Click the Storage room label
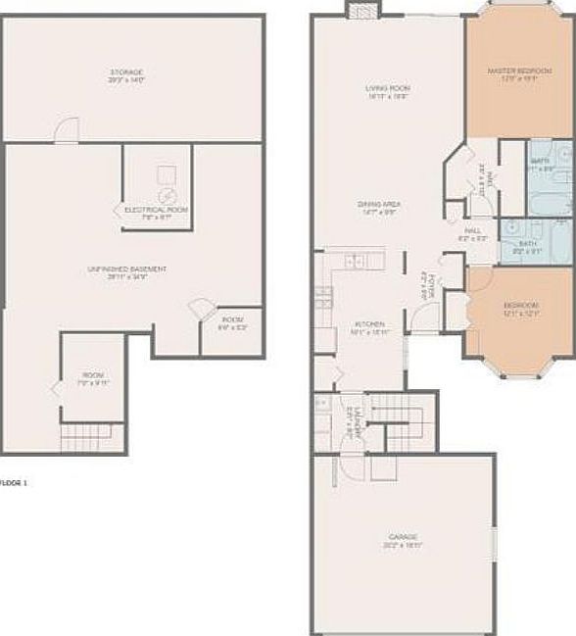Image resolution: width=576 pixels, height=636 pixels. pyautogui.click(x=126, y=73)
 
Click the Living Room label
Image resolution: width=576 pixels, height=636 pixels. pyautogui.click(x=387, y=89)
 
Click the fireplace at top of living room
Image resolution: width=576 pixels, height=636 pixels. pyautogui.click(x=360, y=10)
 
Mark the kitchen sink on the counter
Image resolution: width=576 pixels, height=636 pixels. pyautogui.click(x=355, y=261)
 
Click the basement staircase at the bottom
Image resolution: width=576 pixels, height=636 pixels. pyautogui.click(x=80, y=438)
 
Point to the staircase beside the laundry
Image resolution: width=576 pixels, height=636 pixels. pyautogui.click(x=403, y=420)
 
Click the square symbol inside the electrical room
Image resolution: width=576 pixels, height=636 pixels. pyautogui.click(x=165, y=174)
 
